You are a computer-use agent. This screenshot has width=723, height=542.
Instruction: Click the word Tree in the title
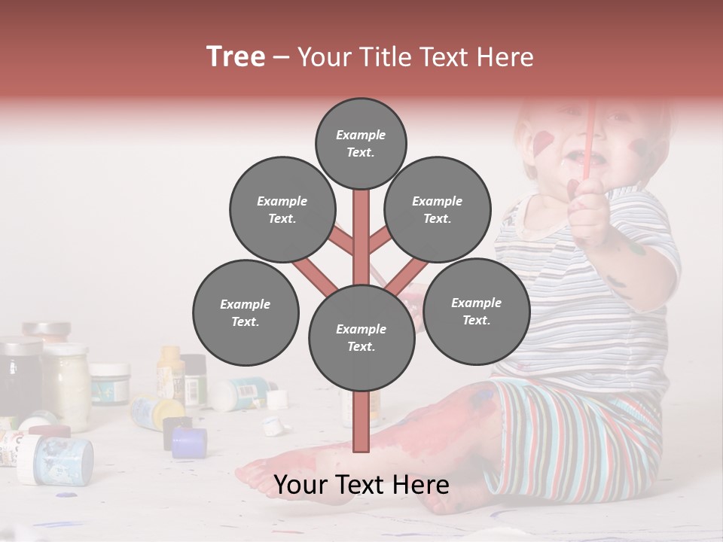pos(236,57)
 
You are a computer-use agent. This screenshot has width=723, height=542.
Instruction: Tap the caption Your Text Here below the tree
pos(361,485)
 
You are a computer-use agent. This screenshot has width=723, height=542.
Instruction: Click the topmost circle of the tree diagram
pos(361,143)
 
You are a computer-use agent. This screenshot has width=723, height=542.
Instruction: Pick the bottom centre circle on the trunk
pos(361,337)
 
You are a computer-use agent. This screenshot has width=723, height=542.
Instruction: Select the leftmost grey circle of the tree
pos(246,312)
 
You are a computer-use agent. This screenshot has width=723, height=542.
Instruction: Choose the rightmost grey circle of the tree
pos(476,311)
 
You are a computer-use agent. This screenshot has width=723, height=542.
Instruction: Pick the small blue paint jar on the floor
pos(188,443)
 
